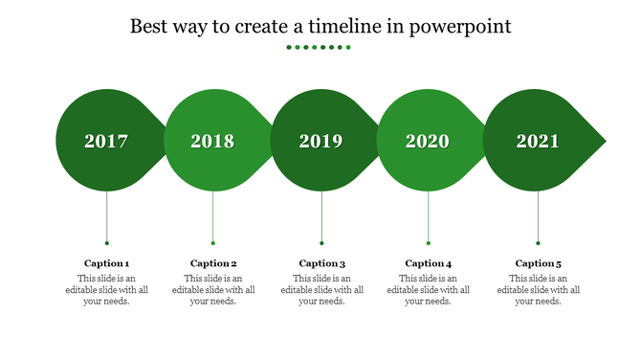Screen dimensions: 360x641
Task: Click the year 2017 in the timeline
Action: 106,142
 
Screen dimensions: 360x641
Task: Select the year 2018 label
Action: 212,142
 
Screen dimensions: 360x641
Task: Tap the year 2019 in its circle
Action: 320,142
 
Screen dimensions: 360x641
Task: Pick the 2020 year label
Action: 427,142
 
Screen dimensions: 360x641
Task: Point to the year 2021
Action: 538,142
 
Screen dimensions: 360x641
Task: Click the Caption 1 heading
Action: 106,263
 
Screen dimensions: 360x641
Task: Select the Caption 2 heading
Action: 213,263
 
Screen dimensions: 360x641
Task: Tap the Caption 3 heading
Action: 321,263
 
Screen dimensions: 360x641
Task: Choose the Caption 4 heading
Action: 428,263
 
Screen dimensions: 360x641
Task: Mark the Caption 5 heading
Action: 539,263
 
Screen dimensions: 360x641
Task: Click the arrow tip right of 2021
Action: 600,142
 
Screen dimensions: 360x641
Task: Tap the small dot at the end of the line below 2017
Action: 106,243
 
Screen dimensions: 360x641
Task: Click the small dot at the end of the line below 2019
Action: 321,243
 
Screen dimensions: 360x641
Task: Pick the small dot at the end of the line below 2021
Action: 538,243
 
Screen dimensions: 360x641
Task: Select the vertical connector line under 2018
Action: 212,215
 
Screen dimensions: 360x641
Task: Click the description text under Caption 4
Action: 428,289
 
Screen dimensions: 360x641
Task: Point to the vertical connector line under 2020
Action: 428,215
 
